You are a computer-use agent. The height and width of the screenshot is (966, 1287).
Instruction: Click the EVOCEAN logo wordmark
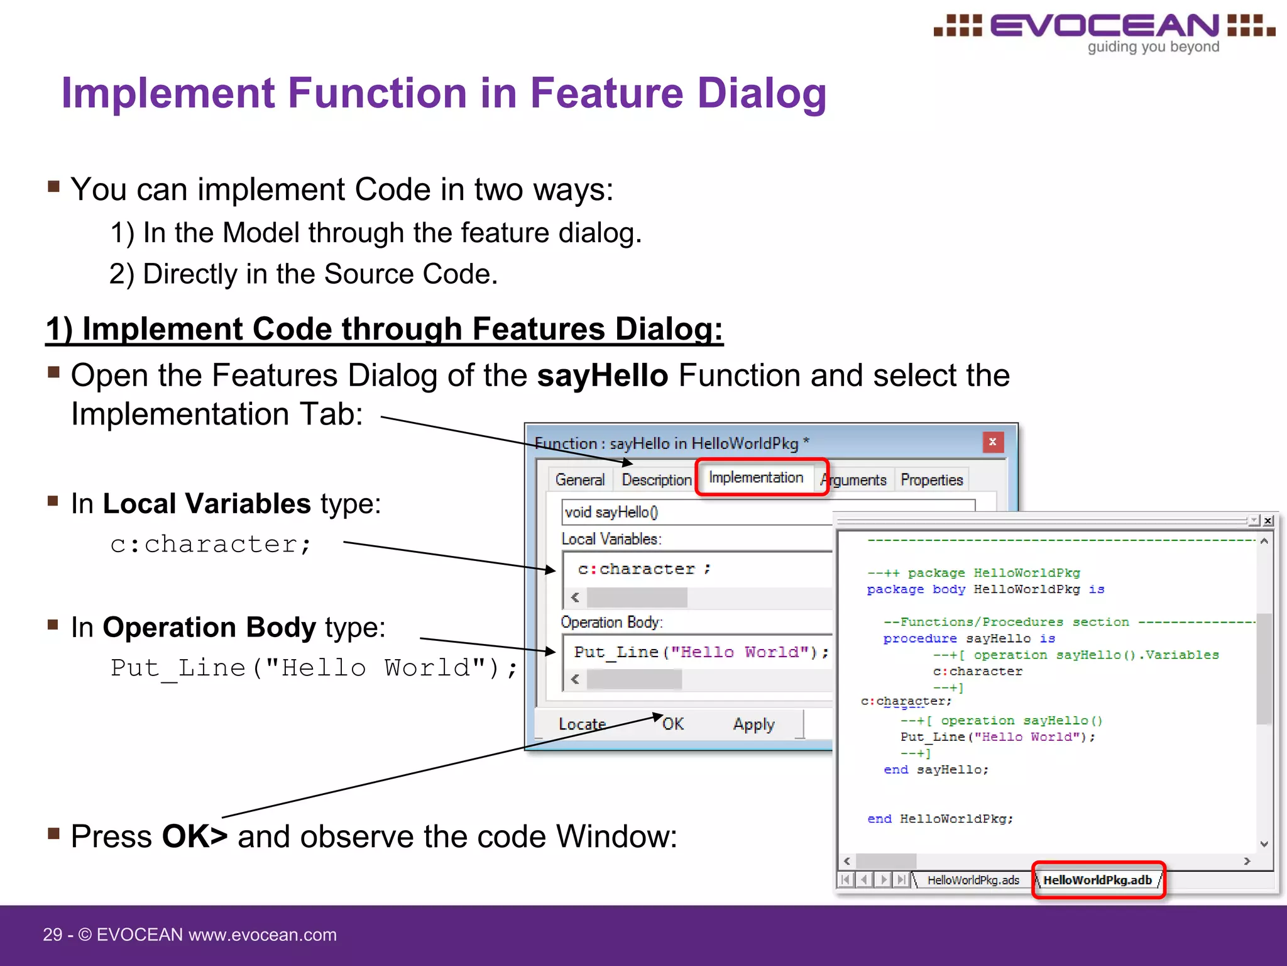pos(1104,26)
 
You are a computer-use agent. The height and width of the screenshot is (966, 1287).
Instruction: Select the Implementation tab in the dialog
pos(756,478)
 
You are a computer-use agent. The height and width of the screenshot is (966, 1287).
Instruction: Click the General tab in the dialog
pos(579,480)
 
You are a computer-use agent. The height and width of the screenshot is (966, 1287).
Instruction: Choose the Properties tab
pos(931,480)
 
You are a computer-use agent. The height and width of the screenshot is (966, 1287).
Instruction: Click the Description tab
pos(656,480)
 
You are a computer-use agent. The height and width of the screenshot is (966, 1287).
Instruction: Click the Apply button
pos(753,724)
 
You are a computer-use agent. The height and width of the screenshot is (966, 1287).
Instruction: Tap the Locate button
pos(582,724)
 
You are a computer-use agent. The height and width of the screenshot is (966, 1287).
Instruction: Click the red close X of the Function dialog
pos(992,442)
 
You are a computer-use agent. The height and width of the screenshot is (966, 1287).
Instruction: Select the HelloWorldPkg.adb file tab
pos(1097,880)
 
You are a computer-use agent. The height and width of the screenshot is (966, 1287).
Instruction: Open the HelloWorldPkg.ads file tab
pos(973,880)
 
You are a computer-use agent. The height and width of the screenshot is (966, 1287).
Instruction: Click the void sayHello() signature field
pos(691,513)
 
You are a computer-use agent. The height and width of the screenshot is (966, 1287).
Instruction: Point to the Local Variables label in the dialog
pos(611,540)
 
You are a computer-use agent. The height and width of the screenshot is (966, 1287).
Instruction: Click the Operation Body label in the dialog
pos(611,623)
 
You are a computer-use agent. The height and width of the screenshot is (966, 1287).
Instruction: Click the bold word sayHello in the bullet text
pos(602,375)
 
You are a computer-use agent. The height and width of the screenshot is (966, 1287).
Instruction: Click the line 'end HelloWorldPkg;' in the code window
pos(939,819)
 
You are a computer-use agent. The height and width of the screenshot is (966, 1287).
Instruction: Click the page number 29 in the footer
pos(52,935)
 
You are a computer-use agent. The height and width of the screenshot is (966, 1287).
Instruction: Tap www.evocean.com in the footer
pos(263,935)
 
